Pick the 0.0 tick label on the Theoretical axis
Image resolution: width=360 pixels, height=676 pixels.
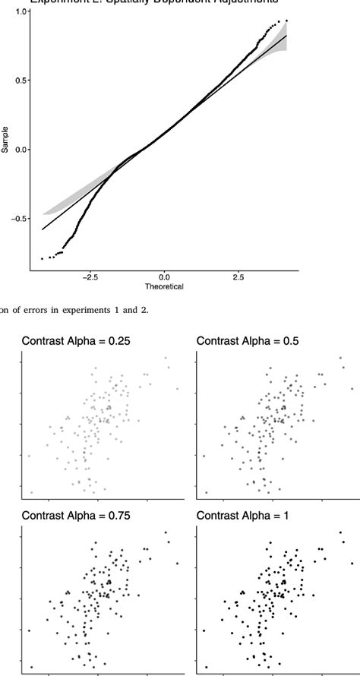165,278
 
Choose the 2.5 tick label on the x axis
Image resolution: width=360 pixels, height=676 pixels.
238,278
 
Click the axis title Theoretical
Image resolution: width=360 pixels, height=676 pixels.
164,287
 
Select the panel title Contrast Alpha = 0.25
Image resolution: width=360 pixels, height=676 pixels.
75,341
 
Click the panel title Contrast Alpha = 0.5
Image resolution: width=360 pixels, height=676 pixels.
248,341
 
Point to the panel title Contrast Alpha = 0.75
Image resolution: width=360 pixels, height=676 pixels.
75,515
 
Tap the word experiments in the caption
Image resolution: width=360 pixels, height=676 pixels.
91,307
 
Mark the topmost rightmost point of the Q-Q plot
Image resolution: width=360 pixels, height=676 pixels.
286,21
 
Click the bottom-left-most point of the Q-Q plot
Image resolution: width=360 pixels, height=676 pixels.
43,259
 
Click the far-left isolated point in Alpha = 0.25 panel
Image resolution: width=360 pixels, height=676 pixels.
29,456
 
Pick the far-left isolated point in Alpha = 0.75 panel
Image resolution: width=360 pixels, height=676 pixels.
29,630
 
